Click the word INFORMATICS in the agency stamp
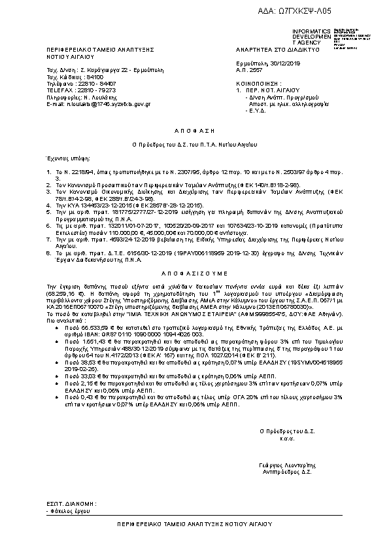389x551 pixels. (307, 31)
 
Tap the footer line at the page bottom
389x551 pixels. (195, 524)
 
